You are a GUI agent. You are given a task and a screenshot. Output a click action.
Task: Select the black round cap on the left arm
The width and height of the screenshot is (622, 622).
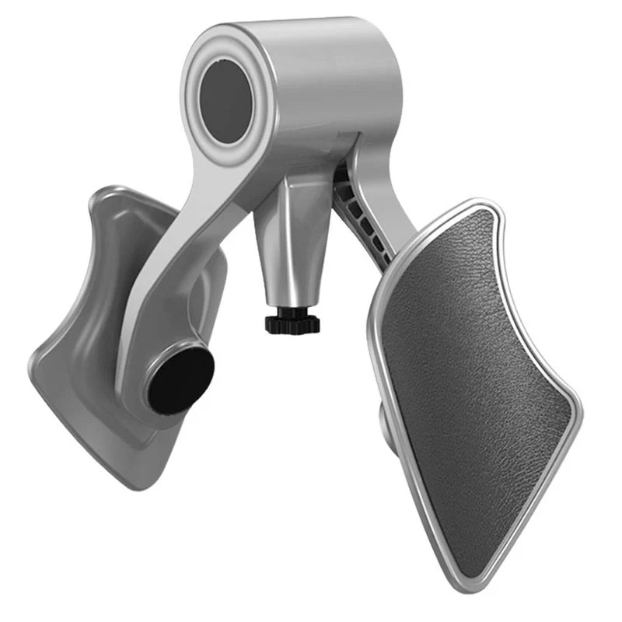click(180, 380)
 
